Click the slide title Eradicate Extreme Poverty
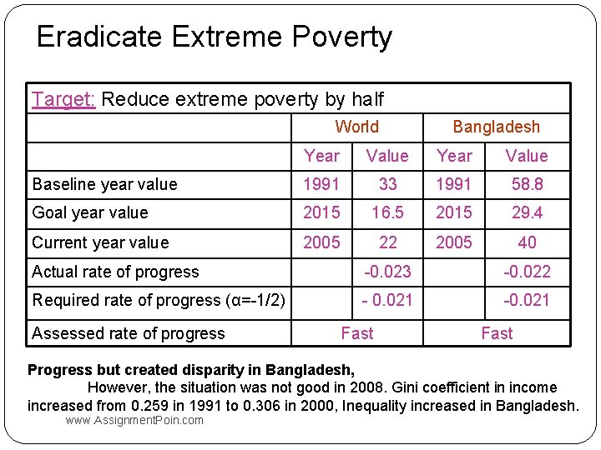[x=214, y=37]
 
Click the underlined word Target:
[x=63, y=99]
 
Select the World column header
[x=356, y=127]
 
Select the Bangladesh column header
[x=496, y=127]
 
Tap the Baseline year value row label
[x=104, y=184]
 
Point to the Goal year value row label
[x=89, y=213]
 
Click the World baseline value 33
[x=387, y=184]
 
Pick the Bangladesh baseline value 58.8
[x=527, y=184]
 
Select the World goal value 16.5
[x=387, y=213]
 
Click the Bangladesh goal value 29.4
[x=527, y=213]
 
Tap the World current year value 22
[x=387, y=242]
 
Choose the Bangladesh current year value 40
[x=527, y=242]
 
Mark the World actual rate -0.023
[x=387, y=272]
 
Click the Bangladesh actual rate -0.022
[x=527, y=272]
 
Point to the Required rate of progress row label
[x=159, y=301]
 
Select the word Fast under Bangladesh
[x=497, y=333]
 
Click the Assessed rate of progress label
[x=129, y=333]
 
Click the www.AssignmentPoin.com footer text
[x=134, y=420]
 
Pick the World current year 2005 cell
[x=321, y=242]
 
